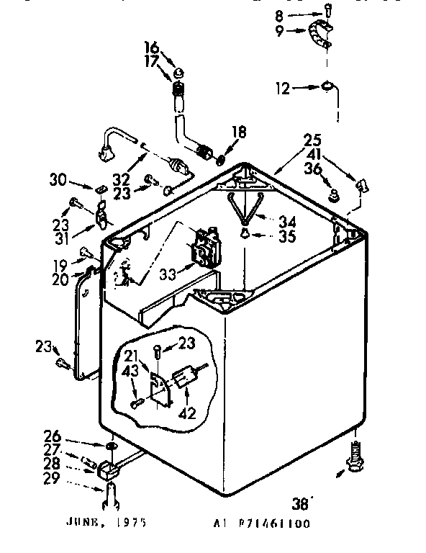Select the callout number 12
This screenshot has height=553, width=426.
[284, 89]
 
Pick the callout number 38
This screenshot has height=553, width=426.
[302, 503]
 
